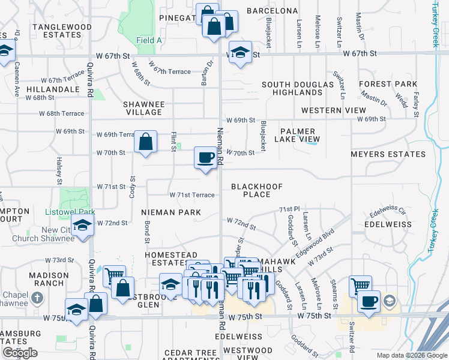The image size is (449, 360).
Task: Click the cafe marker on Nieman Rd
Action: pyautogui.click(x=205, y=158)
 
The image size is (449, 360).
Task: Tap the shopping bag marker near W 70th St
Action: pyautogui.click(x=145, y=143)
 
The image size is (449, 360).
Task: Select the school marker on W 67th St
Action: pyautogui.click(x=240, y=52)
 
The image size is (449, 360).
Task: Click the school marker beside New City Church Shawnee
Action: pyautogui.click(x=82, y=226)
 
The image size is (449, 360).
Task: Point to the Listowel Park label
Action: pyautogui.click(x=70, y=212)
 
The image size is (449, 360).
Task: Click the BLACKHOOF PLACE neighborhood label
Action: pyautogui.click(x=257, y=190)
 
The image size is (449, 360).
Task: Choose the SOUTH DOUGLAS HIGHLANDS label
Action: pyautogui.click(x=297, y=88)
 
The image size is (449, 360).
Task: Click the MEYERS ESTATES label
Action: pyautogui.click(x=388, y=154)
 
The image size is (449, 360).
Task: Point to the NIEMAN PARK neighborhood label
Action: pyautogui.click(x=171, y=212)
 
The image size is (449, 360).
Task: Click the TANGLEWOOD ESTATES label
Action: pyautogui.click(x=57, y=31)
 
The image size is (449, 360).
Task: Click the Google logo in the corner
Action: pyautogui.click(x=20, y=353)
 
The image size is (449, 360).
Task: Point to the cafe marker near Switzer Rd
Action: pyautogui.click(x=369, y=301)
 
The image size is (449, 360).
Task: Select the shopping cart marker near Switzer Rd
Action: pyautogui.click(x=360, y=286)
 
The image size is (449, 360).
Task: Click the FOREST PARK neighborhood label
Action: pyautogui.click(x=388, y=84)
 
